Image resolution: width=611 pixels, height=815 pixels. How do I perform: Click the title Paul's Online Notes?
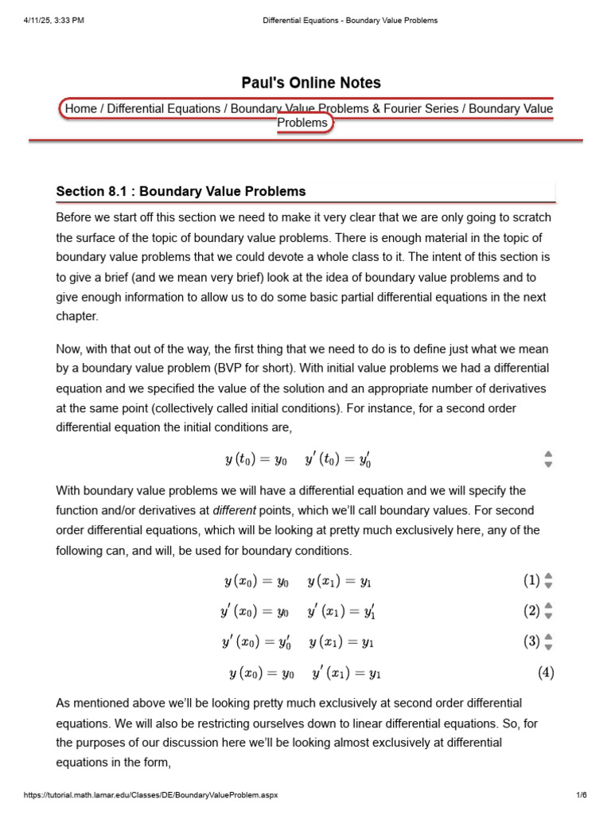tap(311, 83)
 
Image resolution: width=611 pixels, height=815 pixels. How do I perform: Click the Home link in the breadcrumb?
tap(80, 108)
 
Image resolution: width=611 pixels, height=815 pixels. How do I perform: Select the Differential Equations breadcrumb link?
tap(164, 108)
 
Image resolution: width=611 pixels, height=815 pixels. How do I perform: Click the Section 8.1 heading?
tap(181, 191)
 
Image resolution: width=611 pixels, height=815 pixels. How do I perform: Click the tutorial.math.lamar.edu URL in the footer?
tap(151, 795)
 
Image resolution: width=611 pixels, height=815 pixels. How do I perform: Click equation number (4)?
tap(546, 673)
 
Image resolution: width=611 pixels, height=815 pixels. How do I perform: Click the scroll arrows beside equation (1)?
tap(548, 581)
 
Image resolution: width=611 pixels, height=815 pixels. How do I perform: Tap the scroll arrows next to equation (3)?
tap(548, 641)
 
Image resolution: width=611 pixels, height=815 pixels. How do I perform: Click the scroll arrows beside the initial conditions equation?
tap(548, 459)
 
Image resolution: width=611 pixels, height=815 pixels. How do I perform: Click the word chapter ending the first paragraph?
tap(77, 316)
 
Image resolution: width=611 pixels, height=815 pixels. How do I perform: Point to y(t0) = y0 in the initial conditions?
tap(255, 460)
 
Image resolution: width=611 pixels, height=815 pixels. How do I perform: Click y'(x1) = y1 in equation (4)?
tap(347, 674)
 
